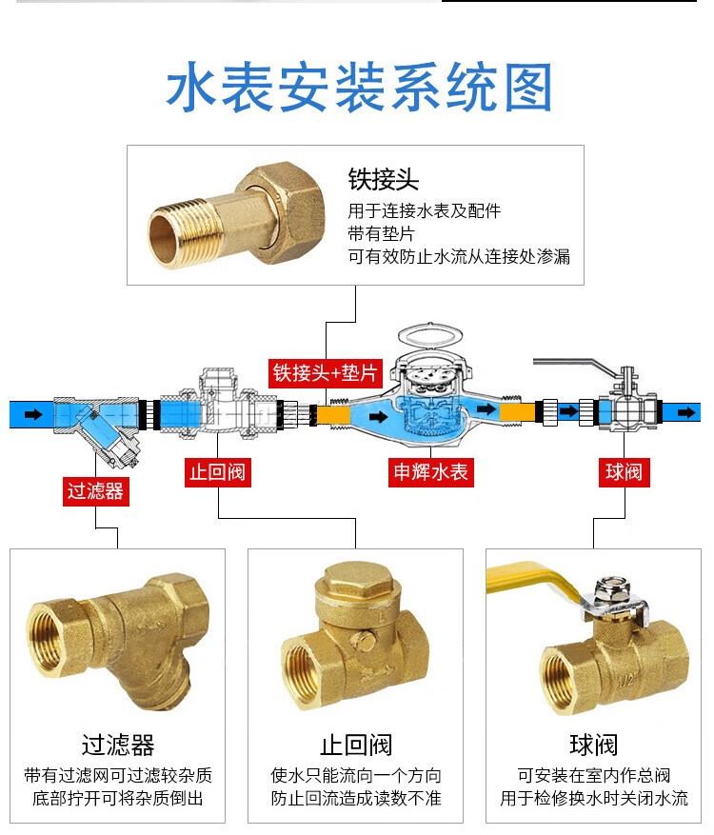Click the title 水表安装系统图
(359, 89)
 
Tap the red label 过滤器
(96, 491)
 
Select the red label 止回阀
(219, 472)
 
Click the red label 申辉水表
(431, 472)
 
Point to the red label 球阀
(624, 472)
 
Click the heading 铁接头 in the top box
(384, 180)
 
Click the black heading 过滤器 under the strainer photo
(118, 745)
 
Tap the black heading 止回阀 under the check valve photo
(356, 745)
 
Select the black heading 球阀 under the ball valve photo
(594, 745)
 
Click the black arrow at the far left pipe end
(32, 414)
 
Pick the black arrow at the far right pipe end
(684, 411)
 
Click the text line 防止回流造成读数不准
(356, 798)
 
